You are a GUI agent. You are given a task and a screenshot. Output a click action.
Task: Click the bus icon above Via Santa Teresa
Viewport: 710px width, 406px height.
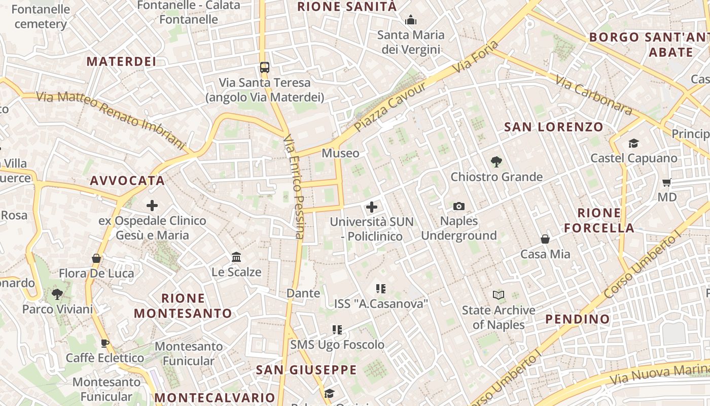point(264,67)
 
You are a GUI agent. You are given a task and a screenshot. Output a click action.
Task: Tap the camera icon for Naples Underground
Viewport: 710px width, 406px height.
point(458,206)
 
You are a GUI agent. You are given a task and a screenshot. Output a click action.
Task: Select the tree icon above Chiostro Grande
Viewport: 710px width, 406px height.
point(496,162)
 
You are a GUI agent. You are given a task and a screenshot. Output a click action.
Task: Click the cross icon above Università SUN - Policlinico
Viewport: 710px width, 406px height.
point(372,207)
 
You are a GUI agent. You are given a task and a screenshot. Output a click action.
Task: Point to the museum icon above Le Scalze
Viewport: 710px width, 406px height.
point(236,257)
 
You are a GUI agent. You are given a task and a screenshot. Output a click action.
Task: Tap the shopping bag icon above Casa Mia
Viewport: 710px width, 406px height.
point(545,239)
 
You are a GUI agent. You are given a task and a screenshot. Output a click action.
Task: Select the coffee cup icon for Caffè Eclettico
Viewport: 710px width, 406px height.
point(104,343)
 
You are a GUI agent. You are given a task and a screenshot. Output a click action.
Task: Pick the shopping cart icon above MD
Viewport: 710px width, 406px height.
point(667,182)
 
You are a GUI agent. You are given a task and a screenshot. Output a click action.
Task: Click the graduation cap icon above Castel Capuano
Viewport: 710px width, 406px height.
point(633,144)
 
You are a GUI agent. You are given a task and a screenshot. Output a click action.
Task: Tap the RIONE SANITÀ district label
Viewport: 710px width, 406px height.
point(347,7)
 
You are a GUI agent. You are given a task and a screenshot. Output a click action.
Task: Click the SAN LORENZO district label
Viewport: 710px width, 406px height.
point(554,127)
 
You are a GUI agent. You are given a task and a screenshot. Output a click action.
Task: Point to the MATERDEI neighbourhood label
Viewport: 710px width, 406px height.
point(121,61)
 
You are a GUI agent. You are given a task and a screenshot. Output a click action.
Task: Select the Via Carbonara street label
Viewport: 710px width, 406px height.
point(594,95)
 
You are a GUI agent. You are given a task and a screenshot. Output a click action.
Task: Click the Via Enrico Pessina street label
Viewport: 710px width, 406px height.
point(295,187)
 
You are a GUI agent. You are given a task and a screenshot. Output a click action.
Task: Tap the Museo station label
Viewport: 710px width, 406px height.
point(340,153)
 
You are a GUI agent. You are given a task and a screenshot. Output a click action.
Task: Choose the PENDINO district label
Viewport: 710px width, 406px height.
point(578,319)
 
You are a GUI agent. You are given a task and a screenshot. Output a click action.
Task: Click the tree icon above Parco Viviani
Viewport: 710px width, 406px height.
point(57,294)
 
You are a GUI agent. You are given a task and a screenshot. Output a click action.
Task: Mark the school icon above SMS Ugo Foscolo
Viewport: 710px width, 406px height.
point(337,330)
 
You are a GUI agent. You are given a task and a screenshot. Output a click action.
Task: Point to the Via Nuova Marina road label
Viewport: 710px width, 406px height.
point(659,374)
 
